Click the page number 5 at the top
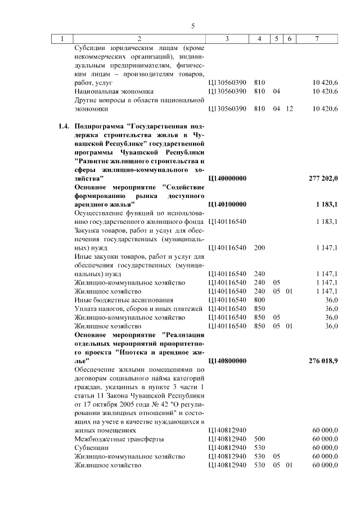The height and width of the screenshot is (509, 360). (193, 26)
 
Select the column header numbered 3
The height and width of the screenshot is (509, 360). (227, 39)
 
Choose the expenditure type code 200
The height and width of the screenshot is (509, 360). (259, 247)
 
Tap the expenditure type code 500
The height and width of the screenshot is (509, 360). (259, 439)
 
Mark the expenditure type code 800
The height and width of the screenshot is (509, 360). (259, 300)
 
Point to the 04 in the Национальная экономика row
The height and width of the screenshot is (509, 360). (276, 91)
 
